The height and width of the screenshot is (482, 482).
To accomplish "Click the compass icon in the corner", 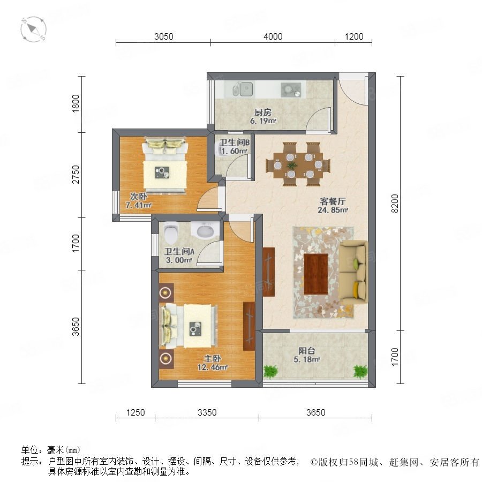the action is click(33, 29).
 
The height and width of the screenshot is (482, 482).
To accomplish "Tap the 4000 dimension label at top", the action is click(273, 36).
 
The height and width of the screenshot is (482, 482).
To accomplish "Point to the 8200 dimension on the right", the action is click(395, 203).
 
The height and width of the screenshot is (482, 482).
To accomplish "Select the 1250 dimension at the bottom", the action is click(135, 412).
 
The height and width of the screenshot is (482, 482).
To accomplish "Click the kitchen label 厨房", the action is click(263, 112).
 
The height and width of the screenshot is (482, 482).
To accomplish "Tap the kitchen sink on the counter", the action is click(243, 89).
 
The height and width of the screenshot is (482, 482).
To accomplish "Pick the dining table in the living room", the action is click(298, 164).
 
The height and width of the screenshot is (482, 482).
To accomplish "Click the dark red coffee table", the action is click(315, 274).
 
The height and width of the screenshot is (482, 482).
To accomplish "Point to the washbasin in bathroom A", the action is click(205, 230).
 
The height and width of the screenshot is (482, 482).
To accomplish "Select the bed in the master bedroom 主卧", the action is click(187, 326).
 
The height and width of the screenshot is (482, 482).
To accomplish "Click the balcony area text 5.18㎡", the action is click(307, 359).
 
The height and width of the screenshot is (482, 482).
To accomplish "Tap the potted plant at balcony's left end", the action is click(270, 371).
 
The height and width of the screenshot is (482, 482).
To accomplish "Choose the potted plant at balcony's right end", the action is click(360, 371).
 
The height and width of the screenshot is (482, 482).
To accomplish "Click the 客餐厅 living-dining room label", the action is click(333, 201).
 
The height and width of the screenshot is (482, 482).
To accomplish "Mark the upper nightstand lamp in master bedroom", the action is click(167, 292).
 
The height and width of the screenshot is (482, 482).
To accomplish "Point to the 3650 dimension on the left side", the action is click(76, 327).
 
